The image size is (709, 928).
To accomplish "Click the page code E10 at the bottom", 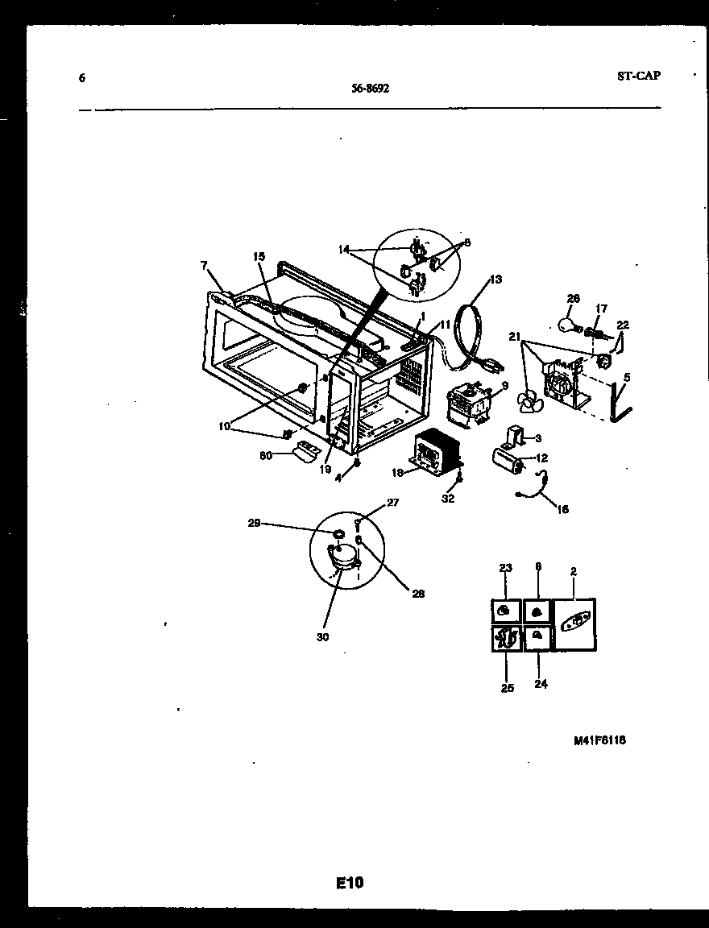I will pyautogui.click(x=350, y=884).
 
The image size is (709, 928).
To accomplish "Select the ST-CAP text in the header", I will pyautogui.click(x=639, y=76).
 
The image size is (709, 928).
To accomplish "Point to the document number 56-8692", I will pyautogui.click(x=371, y=89).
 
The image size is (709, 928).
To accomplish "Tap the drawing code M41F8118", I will pyautogui.click(x=599, y=741).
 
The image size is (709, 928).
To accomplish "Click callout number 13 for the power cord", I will pyautogui.click(x=495, y=280).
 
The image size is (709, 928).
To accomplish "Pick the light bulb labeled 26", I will pyautogui.click(x=567, y=324).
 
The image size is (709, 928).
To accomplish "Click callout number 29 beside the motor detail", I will pyautogui.click(x=254, y=524).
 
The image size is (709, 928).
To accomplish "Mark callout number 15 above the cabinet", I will pyautogui.click(x=259, y=256).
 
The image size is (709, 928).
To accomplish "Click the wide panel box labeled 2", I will pyautogui.click(x=574, y=625).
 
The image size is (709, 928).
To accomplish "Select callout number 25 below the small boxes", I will pyautogui.click(x=508, y=689).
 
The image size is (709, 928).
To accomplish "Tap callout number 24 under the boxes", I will pyautogui.click(x=541, y=685).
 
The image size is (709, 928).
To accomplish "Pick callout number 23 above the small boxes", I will pyautogui.click(x=505, y=568).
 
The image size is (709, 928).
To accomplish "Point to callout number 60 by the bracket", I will pyautogui.click(x=264, y=455).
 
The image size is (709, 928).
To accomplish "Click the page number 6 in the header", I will pyautogui.click(x=82, y=78).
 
